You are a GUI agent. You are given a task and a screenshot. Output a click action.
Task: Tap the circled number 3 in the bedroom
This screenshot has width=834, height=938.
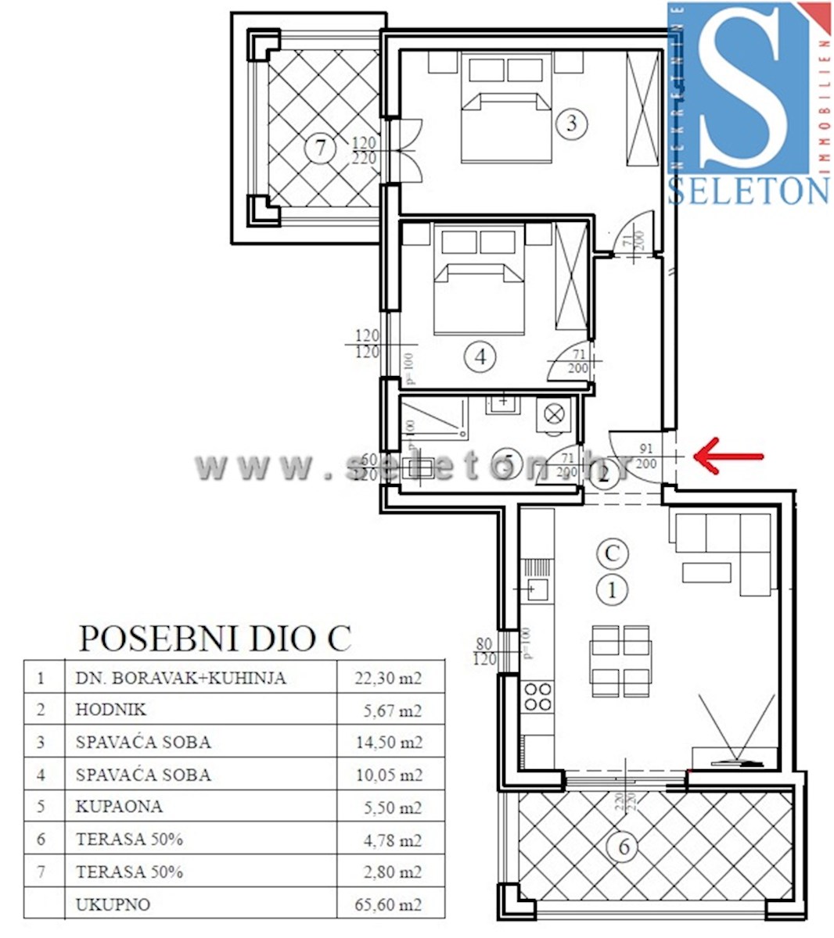572,123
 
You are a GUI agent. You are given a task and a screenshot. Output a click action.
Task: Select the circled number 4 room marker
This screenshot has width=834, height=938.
480,356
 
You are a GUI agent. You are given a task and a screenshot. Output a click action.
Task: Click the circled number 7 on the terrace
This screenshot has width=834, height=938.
320,148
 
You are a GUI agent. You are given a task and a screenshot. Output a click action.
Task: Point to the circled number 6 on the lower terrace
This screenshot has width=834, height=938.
624,847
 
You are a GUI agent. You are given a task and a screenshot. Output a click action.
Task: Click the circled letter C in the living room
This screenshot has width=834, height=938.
612,553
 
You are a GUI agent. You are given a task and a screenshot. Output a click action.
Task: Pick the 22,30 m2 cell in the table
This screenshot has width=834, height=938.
388,678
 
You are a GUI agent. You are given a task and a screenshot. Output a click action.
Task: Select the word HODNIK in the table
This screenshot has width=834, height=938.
111,710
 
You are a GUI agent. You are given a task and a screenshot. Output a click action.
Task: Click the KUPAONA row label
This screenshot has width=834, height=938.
119,806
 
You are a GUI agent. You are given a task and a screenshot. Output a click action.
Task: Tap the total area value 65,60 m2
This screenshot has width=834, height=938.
388,904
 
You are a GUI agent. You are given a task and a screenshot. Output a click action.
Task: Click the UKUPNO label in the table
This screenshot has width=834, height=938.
113,904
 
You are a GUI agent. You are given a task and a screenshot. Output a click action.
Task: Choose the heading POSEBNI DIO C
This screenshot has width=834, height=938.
215,638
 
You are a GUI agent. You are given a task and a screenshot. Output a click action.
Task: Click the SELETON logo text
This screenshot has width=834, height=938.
748,190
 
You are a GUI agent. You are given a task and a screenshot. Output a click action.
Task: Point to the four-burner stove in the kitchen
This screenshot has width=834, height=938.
537,696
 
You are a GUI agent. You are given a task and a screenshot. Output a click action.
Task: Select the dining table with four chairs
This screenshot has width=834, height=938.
620,661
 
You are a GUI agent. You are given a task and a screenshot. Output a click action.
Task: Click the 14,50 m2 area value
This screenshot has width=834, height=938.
389,743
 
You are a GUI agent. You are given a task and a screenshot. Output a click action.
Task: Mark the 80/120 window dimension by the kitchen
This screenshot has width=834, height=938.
484,651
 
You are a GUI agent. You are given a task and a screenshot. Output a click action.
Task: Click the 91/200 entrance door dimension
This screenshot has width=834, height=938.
646,456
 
